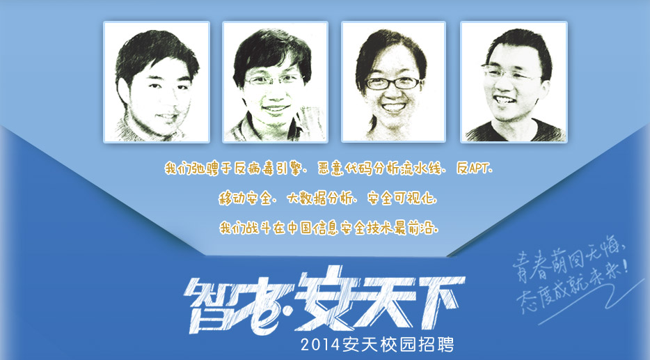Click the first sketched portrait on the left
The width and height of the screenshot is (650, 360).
click(x=157, y=82)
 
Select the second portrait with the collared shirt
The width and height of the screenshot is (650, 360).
click(x=276, y=82)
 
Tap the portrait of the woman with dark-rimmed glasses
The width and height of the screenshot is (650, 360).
click(x=393, y=82)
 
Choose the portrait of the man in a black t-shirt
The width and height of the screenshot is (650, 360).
click(x=514, y=82)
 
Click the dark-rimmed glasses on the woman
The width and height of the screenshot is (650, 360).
click(x=392, y=84)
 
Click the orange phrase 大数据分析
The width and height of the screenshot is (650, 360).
click(x=320, y=198)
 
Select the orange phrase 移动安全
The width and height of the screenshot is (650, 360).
click(x=245, y=198)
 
